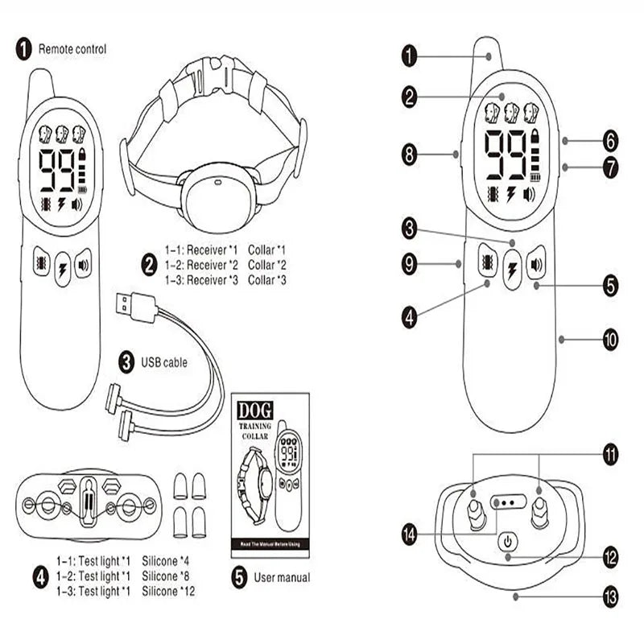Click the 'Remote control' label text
[72, 49]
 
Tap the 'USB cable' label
[163, 362]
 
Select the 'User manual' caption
[281, 576]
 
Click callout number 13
[609, 597]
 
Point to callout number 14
[411, 534]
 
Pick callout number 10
[610, 341]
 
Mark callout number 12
[609, 555]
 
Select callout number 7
[610, 168]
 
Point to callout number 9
[411, 262]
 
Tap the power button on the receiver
[508, 543]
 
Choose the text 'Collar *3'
[267, 279]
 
